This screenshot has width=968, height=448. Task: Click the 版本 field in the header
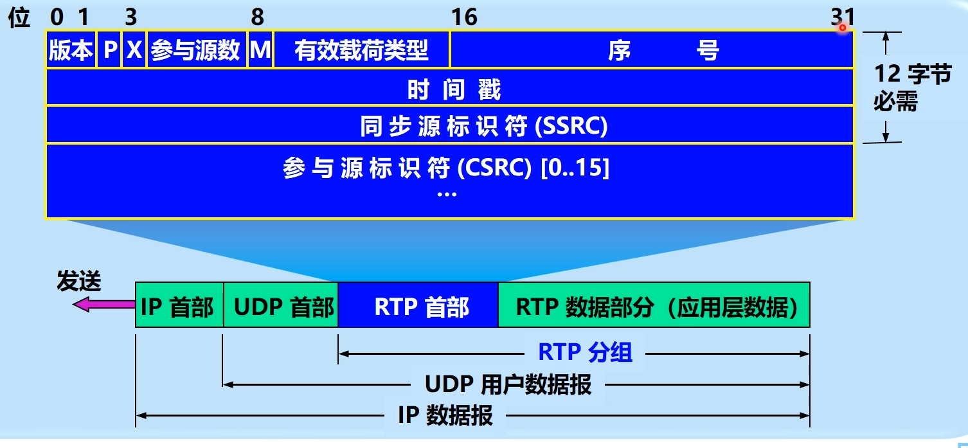pyautogui.click(x=71, y=49)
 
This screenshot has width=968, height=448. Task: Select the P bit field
pyautogui.click(x=110, y=49)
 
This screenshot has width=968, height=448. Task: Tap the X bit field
pyautogui.click(x=134, y=49)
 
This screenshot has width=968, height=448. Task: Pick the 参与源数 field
pyautogui.click(x=196, y=49)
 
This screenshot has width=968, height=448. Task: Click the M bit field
pyautogui.click(x=260, y=49)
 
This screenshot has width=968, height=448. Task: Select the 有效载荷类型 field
pyautogui.click(x=361, y=49)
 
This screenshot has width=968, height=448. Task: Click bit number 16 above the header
pyautogui.click(x=463, y=17)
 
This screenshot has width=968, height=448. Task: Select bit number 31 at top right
pyautogui.click(x=843, y=17)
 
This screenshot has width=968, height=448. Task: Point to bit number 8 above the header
pyautogui.click(x=257, y=17)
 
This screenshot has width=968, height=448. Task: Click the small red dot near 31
pyautogui.click(x=842, y=28)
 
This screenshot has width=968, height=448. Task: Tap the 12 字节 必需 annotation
pyautogui.click(x=911, y=87)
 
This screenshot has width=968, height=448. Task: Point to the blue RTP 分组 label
pyautogui.click(x=585, y=352)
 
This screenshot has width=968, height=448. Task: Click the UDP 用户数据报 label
pyautogui.click(x=508, y=384)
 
